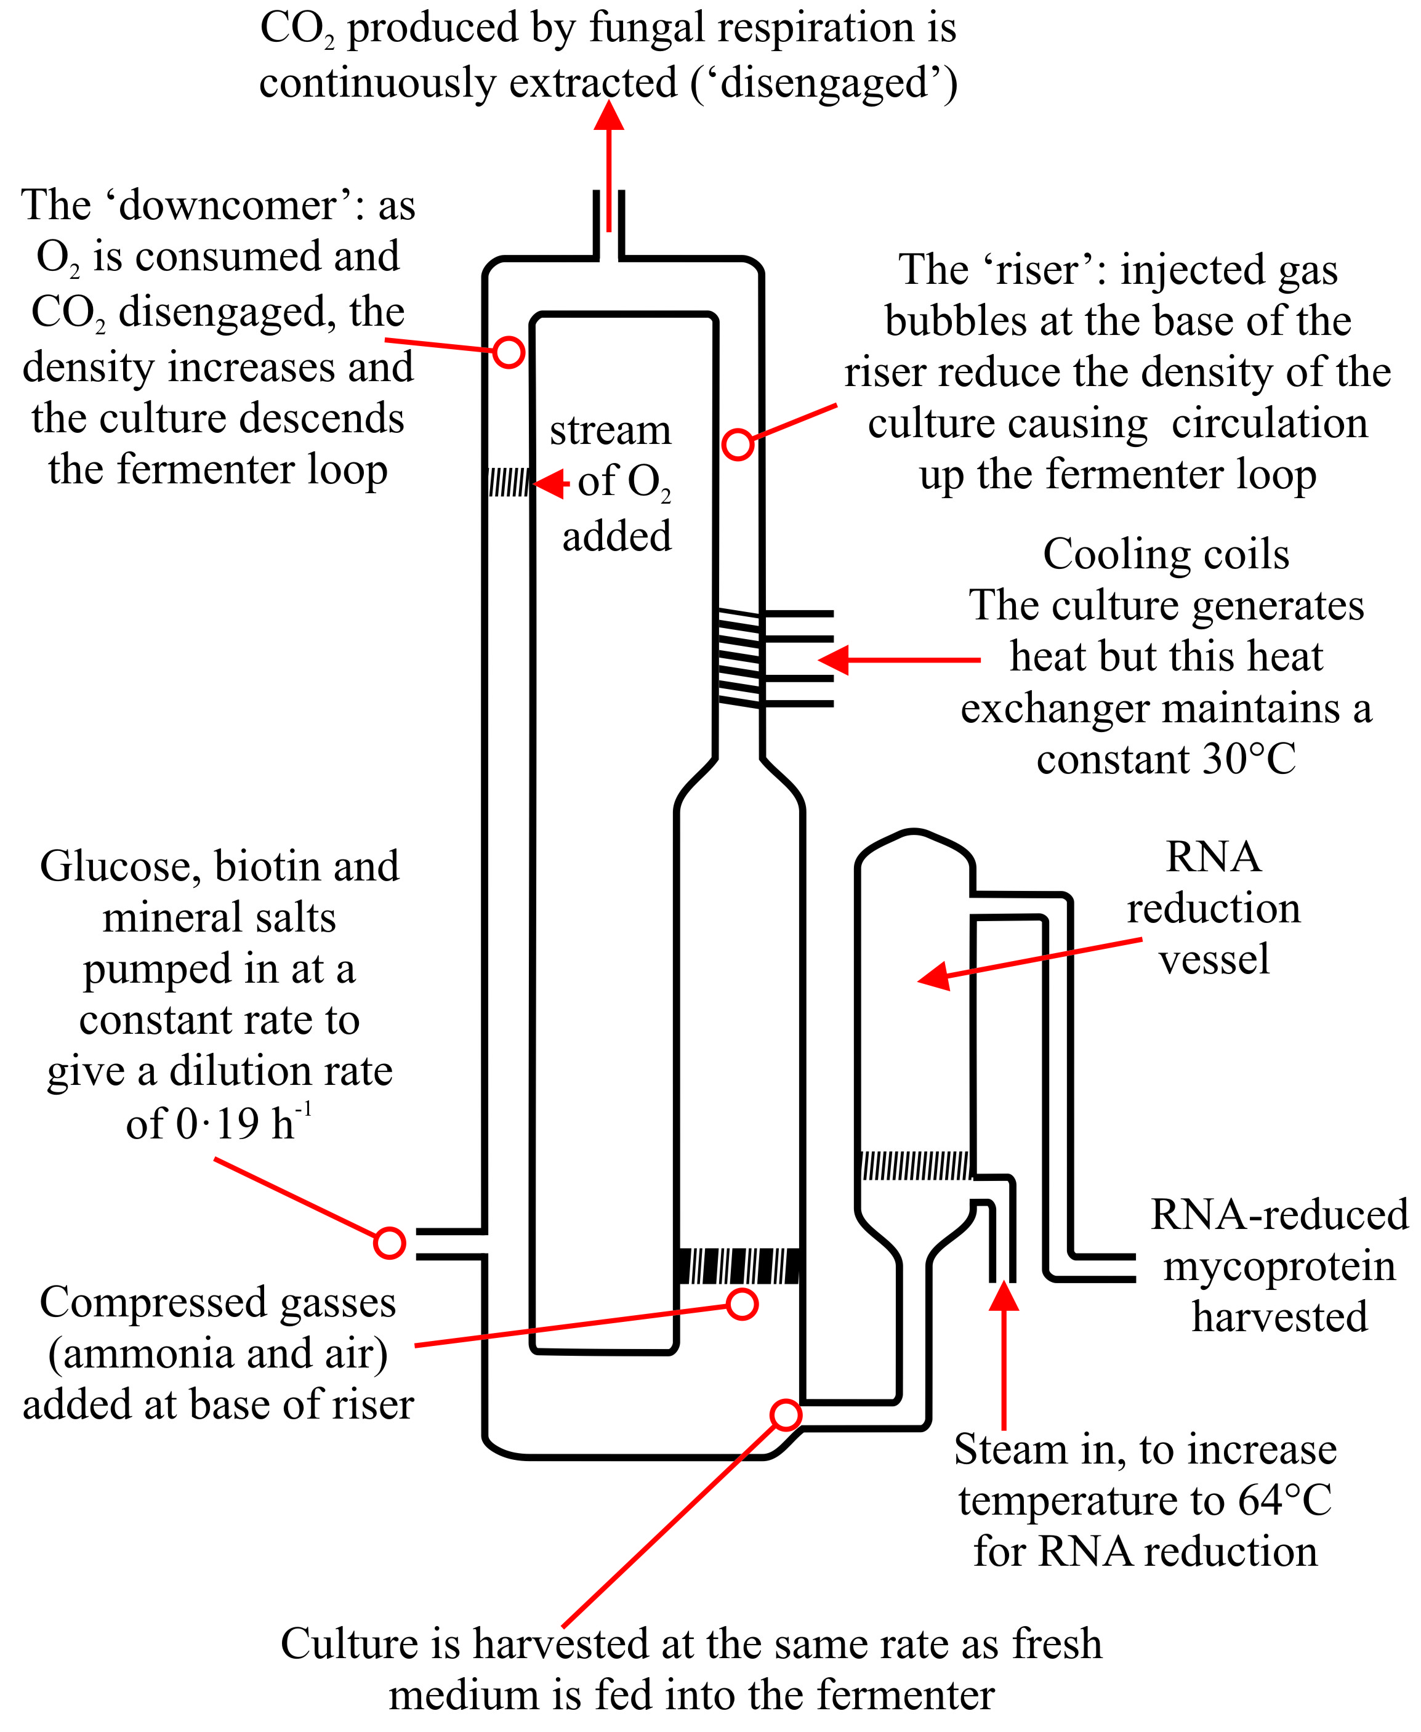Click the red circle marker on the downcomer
[509, 353]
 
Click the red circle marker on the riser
[738, 445]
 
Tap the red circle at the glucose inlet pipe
[390, 1243]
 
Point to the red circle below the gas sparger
[743, 1304]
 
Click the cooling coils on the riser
[739, 658]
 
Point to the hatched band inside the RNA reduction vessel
[916, 1165]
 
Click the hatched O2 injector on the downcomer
[509, 483]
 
